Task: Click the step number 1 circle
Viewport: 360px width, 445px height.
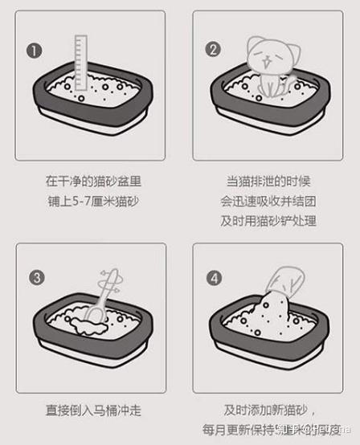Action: [34, 50]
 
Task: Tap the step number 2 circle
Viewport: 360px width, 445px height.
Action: [213, 50]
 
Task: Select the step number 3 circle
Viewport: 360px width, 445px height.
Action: [35, 278]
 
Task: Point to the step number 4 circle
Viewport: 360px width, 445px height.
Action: [214, 278]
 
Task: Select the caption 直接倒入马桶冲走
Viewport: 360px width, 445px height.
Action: [94, 410]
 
